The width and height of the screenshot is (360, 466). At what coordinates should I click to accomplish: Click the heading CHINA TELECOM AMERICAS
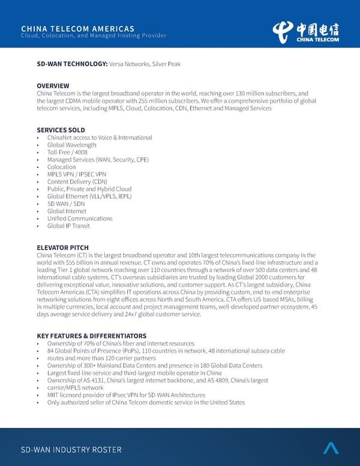pyautogui.click(x=77, y=28)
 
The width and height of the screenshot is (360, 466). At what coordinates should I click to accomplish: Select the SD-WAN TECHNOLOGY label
pyautogui.click(x=72, y=64)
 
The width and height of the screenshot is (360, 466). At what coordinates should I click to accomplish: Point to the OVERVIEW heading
pyautogui.click(x=53, y=86)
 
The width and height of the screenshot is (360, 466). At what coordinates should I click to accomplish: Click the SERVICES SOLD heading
pyautogui.click(x=61, y=130)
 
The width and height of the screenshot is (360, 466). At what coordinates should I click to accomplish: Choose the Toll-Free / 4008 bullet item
pyautogui.click(x=68, y=153)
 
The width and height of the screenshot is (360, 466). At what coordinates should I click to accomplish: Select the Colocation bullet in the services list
pyautogui.click(x=62, y=167)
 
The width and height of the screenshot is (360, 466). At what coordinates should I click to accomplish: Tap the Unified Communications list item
pyautogui.click(x=80, y=219)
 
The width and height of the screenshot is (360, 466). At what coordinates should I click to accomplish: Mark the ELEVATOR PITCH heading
pyautogui.click(x=62, y=247)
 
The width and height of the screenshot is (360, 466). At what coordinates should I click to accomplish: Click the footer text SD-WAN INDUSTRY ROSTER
pyautogui.click(x=71, y=450)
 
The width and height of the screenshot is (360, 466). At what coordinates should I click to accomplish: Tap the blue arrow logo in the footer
pyautogui.click(x=331, y=448)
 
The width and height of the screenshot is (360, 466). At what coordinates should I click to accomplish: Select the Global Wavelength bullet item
pyautogui.click(x=71, y=145)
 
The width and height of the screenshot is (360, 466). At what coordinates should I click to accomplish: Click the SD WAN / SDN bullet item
pyautogui.click(x=66, y=204)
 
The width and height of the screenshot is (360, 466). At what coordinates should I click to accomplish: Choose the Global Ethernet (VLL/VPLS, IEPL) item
pyautogui.click(x=89, y=196)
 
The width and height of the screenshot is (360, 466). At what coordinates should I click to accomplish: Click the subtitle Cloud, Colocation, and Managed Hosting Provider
pyautogui.click(x=93, y=35)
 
